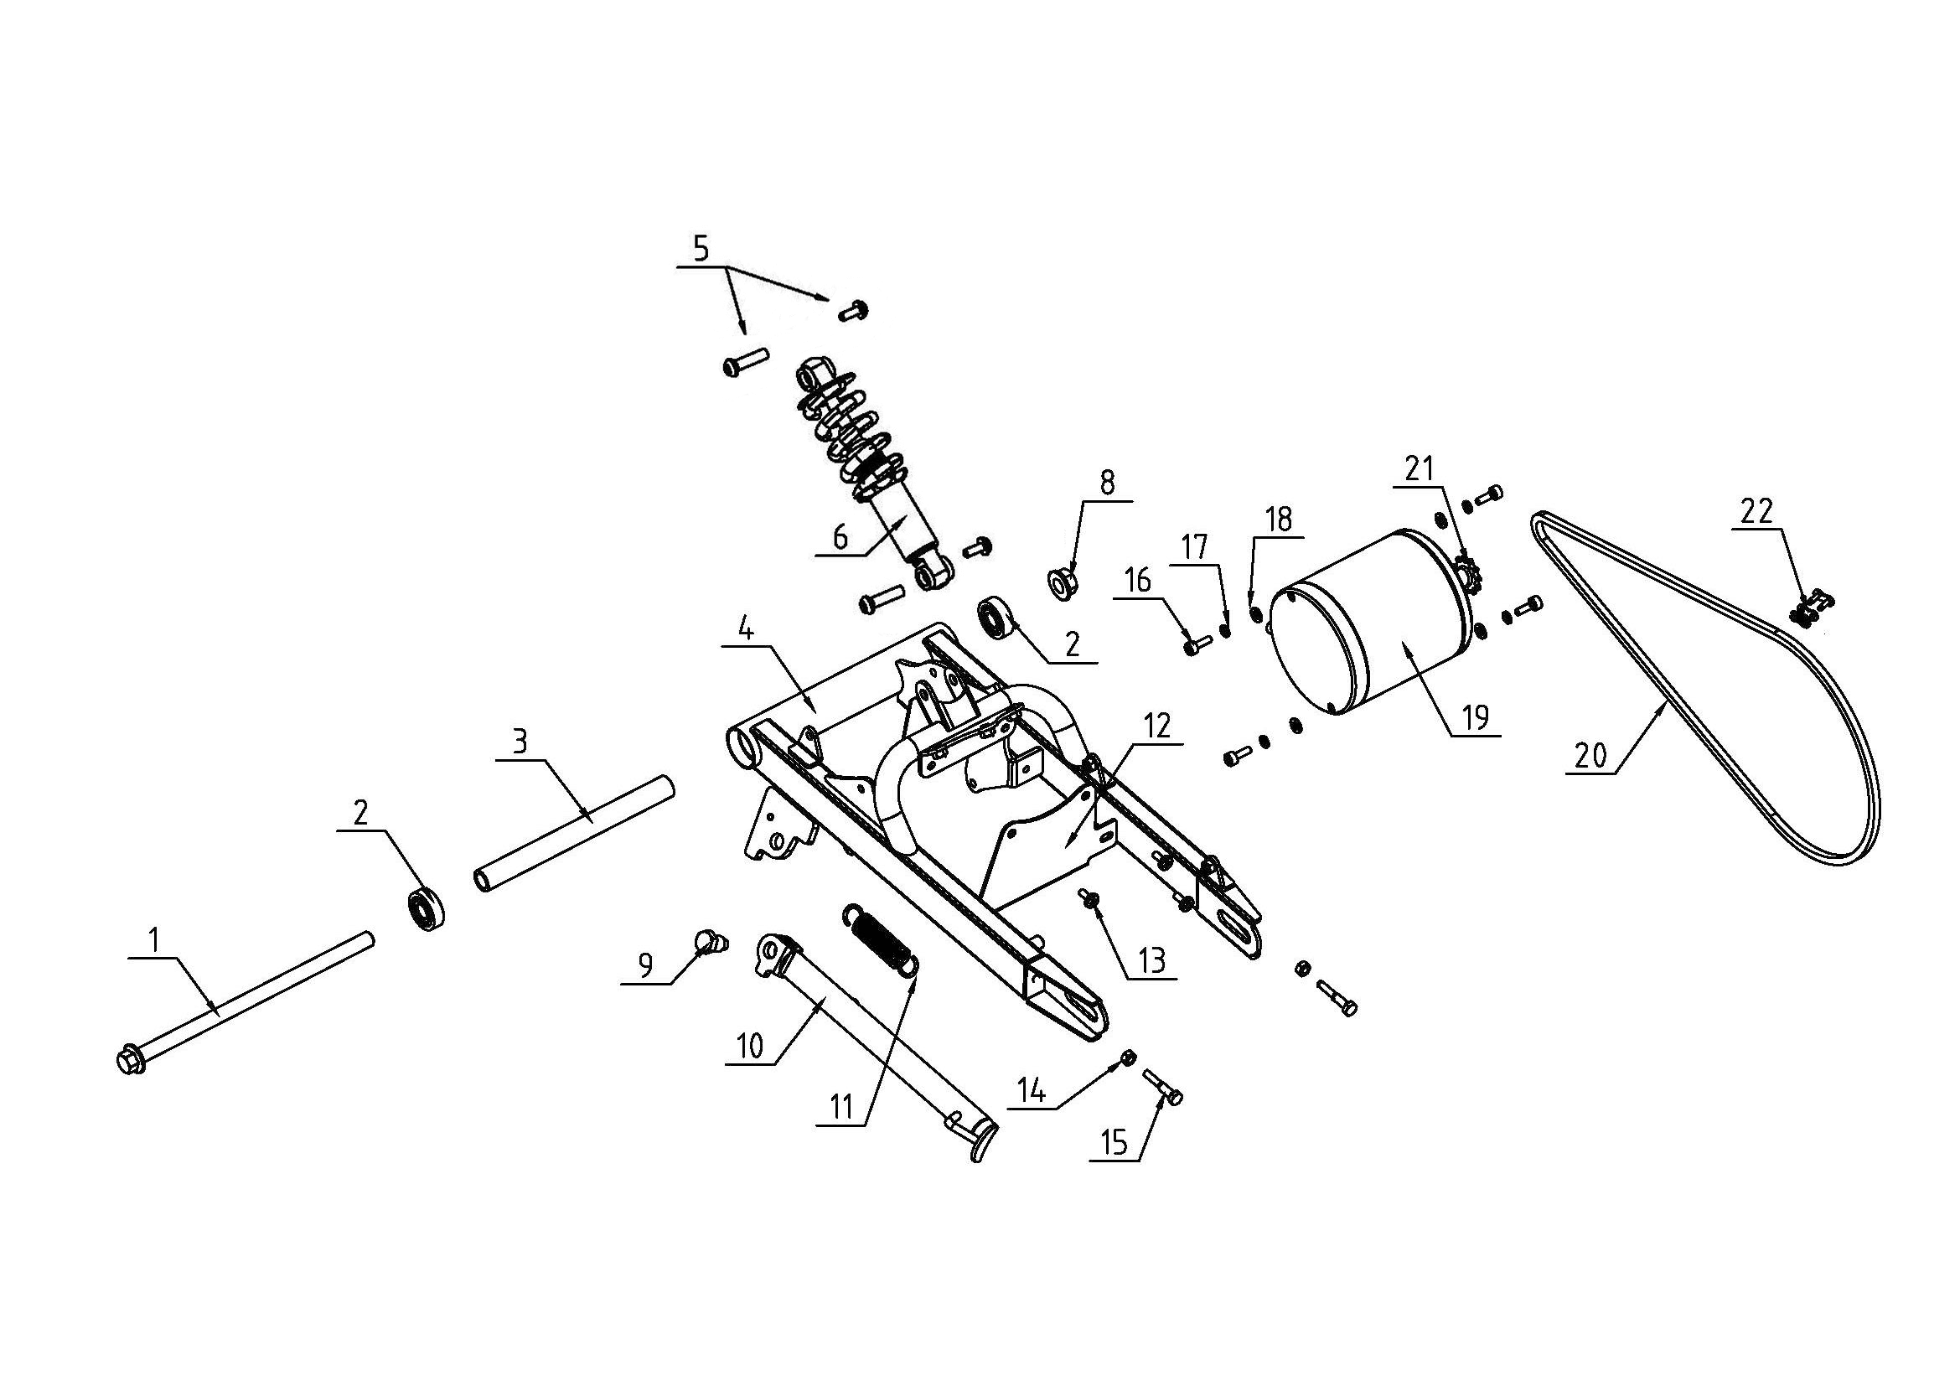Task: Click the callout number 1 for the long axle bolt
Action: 154,940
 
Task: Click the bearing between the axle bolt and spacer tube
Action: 423,910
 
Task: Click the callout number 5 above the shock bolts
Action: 700,249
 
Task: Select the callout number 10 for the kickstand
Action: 749,1047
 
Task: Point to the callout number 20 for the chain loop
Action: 1591,755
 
